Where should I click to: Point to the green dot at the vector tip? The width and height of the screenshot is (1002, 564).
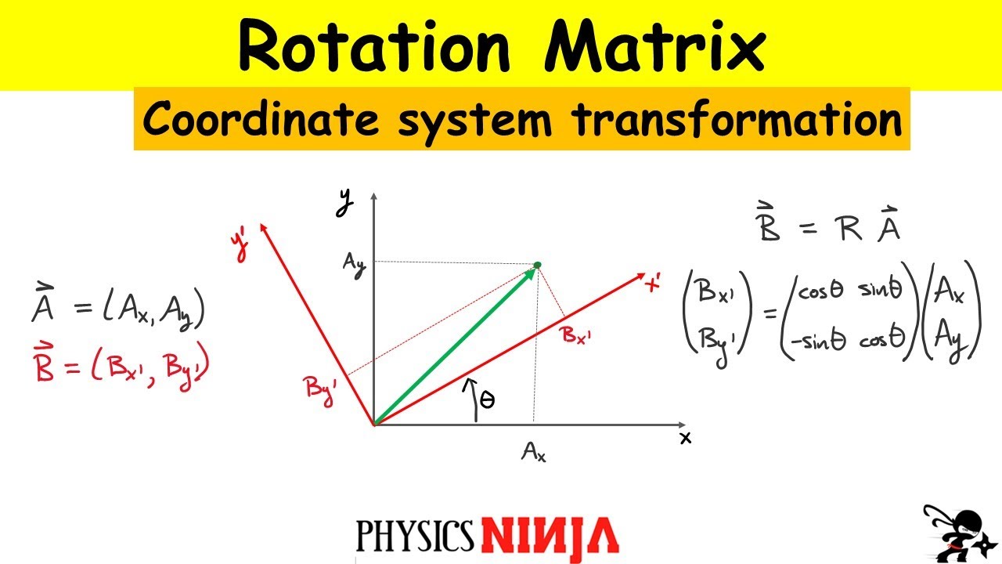pyautogui.click(x=538, y=266)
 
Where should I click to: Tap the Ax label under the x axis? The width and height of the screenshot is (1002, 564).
pyautogui.click(x=534, y=452)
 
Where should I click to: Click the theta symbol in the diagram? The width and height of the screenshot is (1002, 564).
pyautogui.click(x=486, y=401)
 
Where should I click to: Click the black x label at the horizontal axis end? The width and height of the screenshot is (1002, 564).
pyautogui.click(x=686, y=438)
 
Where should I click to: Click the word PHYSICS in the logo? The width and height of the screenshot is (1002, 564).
pyautogui.click(x=415, y=536)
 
